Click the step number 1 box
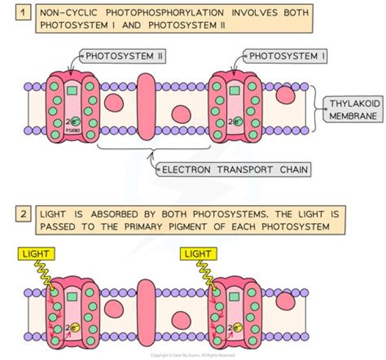pos(22,12)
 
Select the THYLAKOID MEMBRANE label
pos(346,111)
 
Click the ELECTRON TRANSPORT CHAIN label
pos(235,170)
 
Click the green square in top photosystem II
pos(72,91)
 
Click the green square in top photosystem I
pos(234,91)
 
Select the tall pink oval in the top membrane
pos(146,107)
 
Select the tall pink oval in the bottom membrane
pos(146,309)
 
